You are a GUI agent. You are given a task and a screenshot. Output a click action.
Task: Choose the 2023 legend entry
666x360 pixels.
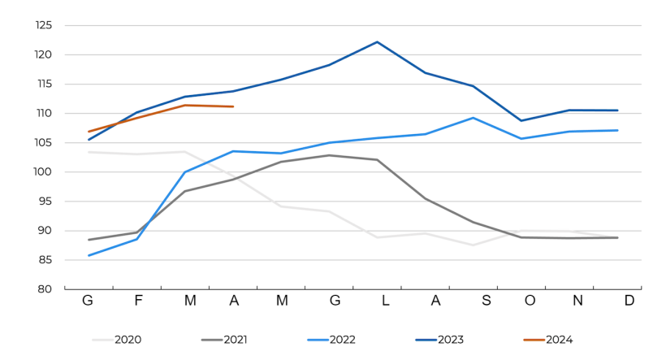(450, 340)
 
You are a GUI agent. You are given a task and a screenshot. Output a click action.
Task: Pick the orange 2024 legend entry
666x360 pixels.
(559, 340)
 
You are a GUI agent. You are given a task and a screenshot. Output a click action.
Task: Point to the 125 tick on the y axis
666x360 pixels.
(43, 25)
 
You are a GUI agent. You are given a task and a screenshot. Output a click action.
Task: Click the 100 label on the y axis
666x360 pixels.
(43, 172)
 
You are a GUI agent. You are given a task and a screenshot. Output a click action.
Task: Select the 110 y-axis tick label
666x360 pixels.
(43, 114)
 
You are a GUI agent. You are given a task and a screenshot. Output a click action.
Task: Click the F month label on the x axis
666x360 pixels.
(138, 301)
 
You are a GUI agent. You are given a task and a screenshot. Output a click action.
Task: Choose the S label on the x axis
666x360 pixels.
(486, 301)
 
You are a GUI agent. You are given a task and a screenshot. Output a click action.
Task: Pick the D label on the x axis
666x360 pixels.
(629, 301)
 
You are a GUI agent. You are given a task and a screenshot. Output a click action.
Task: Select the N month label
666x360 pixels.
(578, 301)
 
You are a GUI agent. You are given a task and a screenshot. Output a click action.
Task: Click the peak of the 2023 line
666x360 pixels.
(377, 41)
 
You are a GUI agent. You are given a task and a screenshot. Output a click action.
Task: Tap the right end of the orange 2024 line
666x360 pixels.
(233, 106)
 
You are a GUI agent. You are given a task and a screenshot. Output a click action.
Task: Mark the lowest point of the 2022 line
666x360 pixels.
(89, 255)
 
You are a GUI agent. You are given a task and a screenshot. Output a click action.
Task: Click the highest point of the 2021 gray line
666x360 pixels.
(329, 155)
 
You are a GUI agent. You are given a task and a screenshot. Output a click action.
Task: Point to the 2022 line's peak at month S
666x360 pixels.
(473, 118)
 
